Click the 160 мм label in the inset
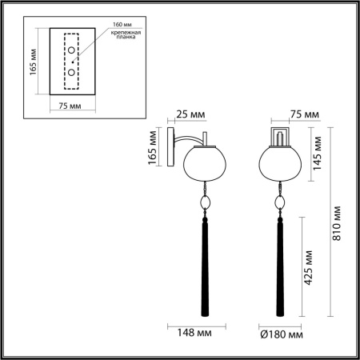113,23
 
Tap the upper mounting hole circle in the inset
72,52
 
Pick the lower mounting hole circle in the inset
72,72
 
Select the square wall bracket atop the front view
280,137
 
